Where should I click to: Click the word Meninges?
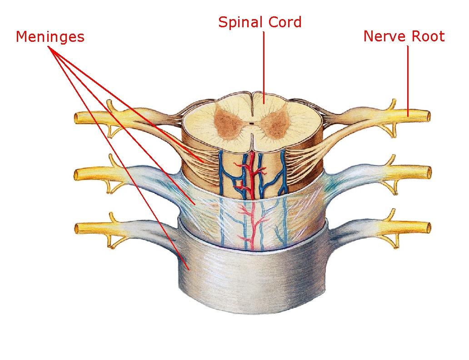pyautogui.click(x=50, y=36)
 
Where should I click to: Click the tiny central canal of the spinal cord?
pyautogui.click(x=252, y=123)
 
